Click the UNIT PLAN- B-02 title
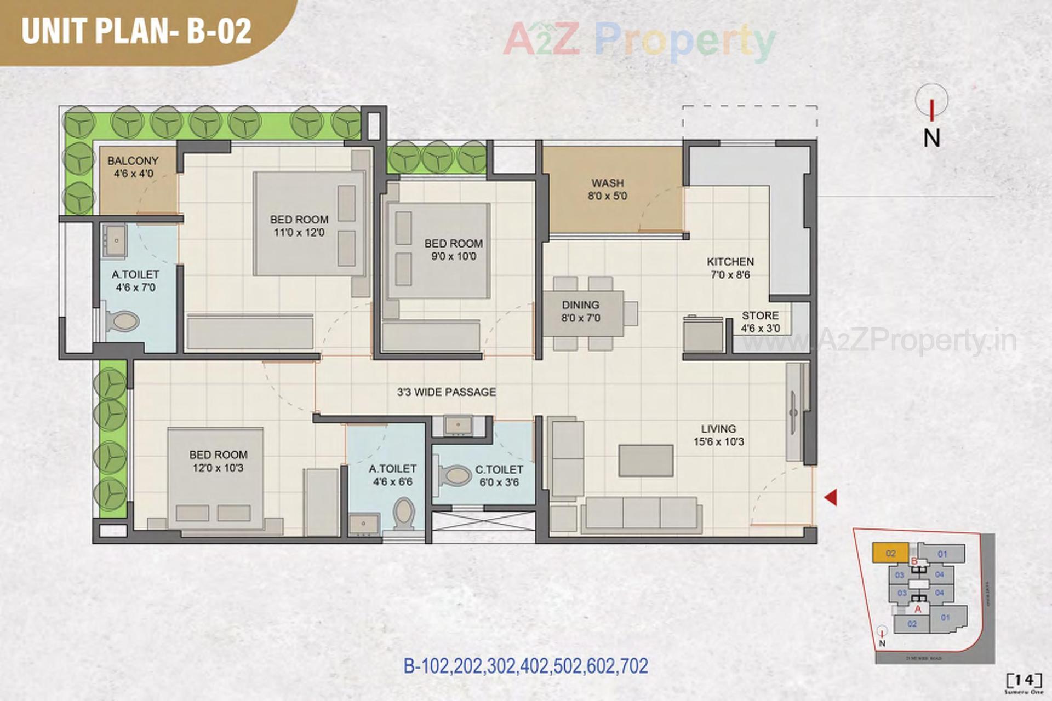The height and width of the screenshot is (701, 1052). click(136, 31)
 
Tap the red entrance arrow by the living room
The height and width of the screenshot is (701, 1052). click(831, 497)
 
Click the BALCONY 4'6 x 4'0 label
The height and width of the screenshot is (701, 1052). click(133, 167)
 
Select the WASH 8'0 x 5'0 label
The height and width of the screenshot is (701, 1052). click(607, 189)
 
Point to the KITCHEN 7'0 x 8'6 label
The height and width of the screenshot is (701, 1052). click(730, 268)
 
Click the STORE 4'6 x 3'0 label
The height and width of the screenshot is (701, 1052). click(760, 322)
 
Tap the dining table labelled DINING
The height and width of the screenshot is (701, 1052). click(582, 313)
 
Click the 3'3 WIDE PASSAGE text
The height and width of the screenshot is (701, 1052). click(447, 392)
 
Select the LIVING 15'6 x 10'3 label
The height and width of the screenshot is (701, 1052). click(718, 435)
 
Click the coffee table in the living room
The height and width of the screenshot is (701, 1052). click(646, 460)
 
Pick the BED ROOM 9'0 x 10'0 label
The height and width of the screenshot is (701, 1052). click(453, 249)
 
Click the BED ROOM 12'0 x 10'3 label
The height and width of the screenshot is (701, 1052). click(218, 461)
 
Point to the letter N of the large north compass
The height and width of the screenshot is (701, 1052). click(931, 138)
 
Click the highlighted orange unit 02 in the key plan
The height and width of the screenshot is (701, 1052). click(890, 553)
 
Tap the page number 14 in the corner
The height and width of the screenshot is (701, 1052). click(1024, 680)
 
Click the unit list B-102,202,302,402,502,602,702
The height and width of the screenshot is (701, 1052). click(525, 666)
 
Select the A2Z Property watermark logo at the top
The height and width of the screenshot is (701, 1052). click(639, 39)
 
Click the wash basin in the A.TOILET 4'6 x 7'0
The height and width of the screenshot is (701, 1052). click(116, 240)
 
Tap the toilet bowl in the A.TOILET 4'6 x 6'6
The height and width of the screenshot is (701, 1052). click(404, 513)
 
